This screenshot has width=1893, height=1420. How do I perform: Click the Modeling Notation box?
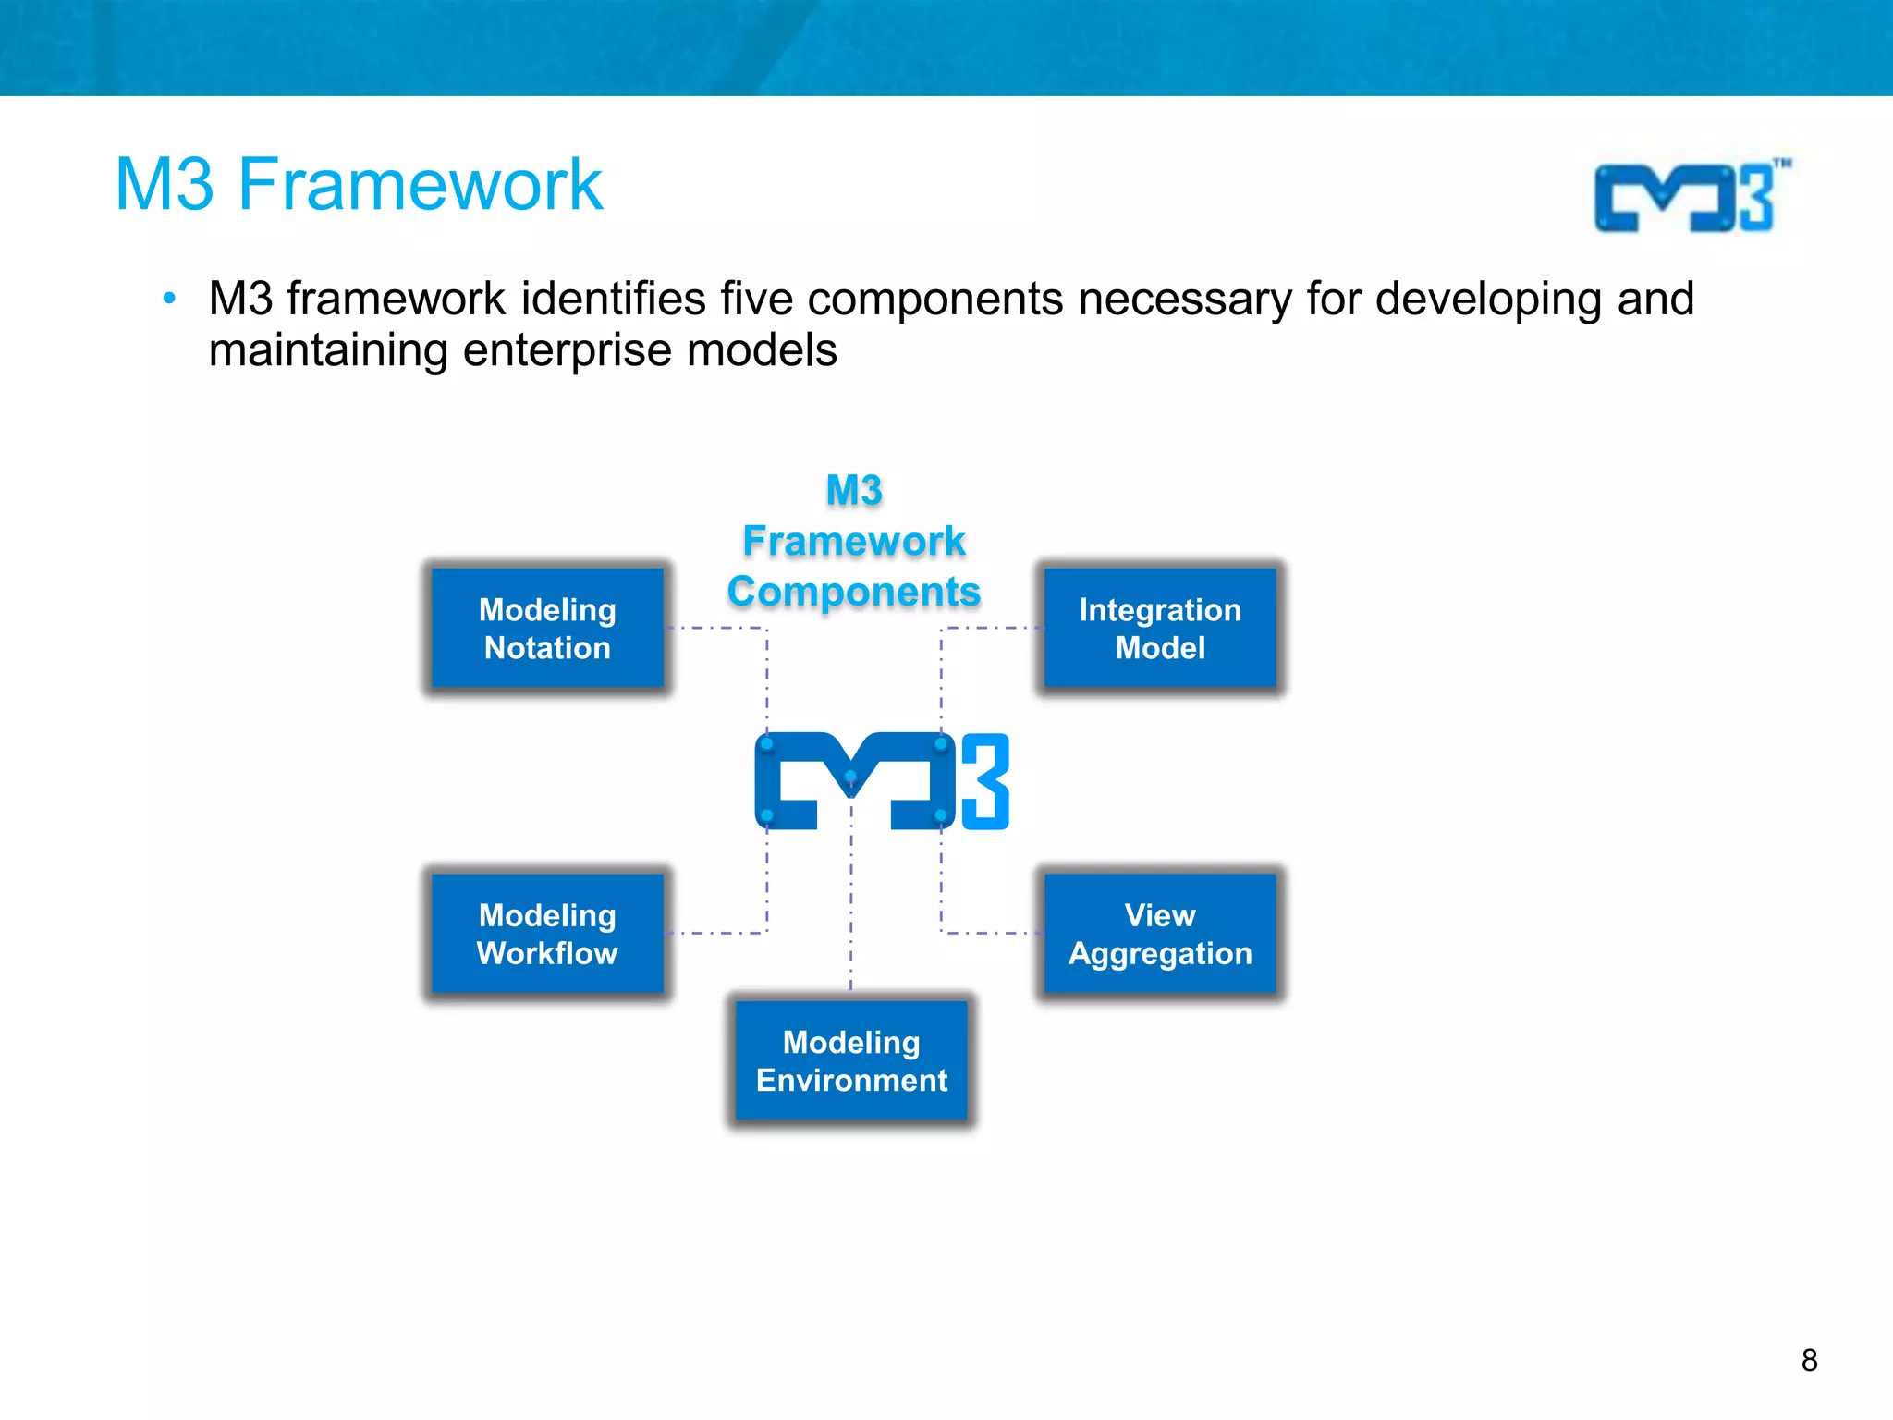click(547, 628)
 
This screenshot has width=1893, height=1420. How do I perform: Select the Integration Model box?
click(1160, 628)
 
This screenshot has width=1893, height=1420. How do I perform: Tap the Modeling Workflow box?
click(547, 933)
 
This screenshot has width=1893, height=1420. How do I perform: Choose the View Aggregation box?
click(1160, 933)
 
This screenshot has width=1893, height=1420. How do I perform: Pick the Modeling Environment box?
click(851, 1060)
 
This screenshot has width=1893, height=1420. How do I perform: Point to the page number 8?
click(1809, 1360)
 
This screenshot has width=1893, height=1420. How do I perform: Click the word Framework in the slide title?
click(421, 185)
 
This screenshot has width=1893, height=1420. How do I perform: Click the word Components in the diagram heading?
click(853, 592)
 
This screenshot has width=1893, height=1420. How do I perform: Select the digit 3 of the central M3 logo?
click(985, 782)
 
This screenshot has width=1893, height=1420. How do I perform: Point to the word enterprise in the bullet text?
click(568, 350)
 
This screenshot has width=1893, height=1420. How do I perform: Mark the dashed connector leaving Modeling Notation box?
click(716, 628)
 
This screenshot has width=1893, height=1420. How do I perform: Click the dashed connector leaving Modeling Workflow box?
click(716, 933)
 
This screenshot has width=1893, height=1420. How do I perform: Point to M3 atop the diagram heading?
click(854, 490)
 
